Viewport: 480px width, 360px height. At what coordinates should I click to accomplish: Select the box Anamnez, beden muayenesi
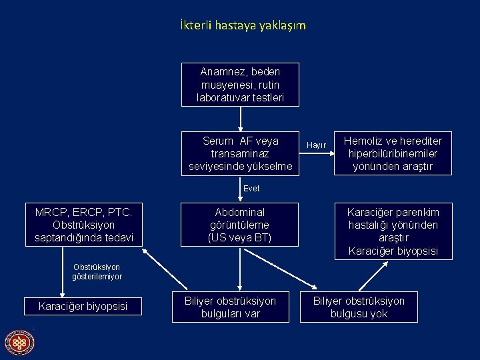240,85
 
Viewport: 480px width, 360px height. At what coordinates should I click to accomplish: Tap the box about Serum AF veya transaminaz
240,153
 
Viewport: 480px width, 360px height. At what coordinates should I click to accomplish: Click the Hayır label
316,145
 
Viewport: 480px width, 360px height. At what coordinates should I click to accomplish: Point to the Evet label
251,189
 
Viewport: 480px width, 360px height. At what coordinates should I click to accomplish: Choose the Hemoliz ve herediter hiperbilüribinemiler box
393,153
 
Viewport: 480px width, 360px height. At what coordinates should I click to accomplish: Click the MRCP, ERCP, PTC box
84,225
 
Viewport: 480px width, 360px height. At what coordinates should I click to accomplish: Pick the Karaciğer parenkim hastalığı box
393,231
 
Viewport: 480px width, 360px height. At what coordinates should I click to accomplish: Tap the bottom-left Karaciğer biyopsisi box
84,307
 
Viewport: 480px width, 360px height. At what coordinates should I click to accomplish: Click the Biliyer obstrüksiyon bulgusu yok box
359,307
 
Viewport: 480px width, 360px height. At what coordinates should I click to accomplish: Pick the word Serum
218,141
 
